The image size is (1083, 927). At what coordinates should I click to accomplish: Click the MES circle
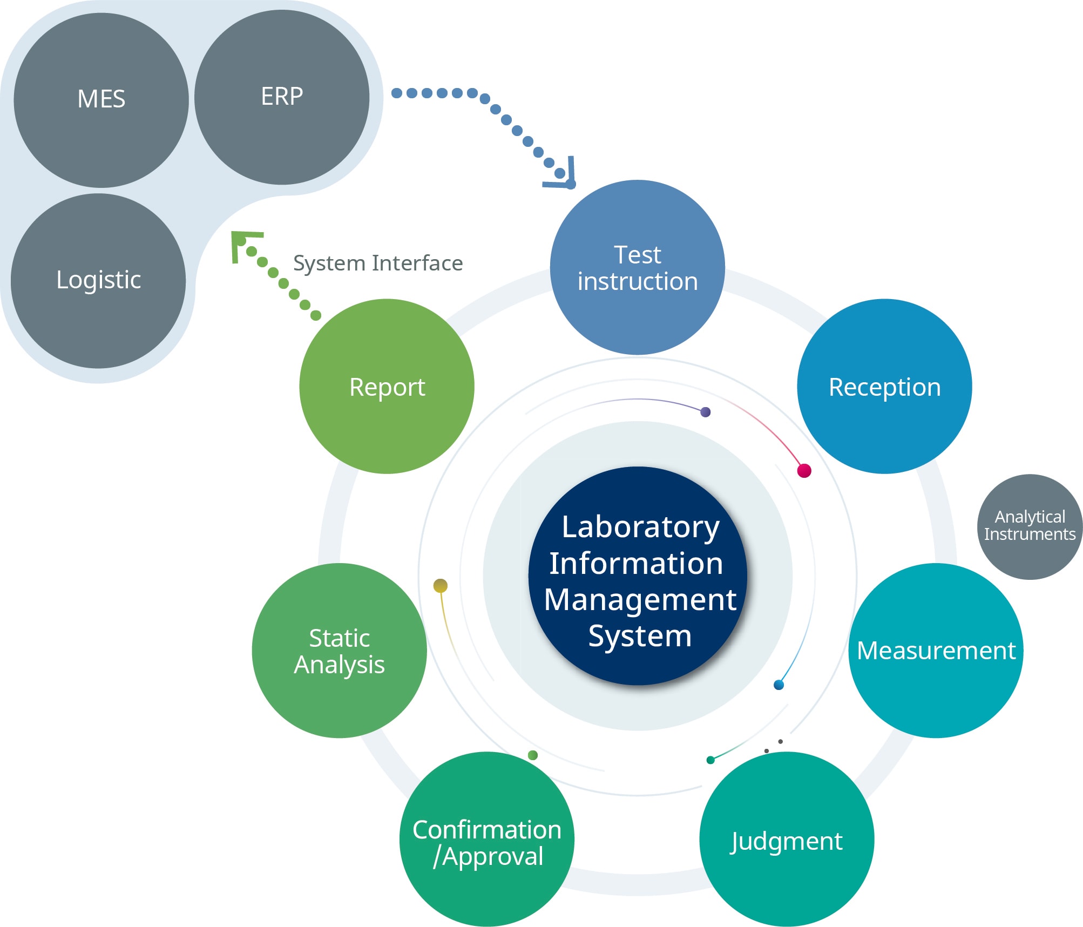pyautogui.click(x=101, y=100)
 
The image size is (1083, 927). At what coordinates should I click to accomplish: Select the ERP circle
pyautogui.click(x=282, y=97)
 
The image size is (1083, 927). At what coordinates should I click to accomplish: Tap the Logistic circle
pyautogui.click(x=98, y=281)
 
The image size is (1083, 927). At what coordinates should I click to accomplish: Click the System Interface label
pyautogui.click(x=378, y=263)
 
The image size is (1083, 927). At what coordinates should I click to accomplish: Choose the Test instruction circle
pyautogui.click(x=637, y=268)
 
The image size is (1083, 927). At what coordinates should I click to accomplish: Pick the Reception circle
pyautogui.click(x=884, y=387)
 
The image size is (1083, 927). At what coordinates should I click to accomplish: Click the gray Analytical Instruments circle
pyautogui.click(x=1030, y=526)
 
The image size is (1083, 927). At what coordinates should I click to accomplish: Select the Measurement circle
pyautogui.click(x=936, y=651)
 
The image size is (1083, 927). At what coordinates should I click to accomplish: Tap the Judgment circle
pyautogui.click(x=786, y=840)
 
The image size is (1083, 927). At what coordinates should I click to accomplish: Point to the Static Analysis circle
pyautogui.click(x=339, y=651)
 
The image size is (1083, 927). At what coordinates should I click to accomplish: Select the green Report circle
pyautogui.click(x=387, y=387)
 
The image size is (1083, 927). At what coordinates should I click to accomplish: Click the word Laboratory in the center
pyautogui.click(x=640, y=527)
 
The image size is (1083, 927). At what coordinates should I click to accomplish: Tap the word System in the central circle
pyautogui.click(x=640, y=636)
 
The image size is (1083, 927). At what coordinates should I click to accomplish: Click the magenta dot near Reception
pyautogui.click(x=804, y=470)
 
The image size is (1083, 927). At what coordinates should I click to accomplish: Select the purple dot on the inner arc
pyautogui.click(x=705, y=412)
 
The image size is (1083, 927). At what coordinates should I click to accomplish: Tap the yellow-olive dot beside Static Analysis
pyautogui.click(x=441, y=585)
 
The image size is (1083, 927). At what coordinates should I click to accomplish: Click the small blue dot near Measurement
pyautogui.click(x=779, y=685)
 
